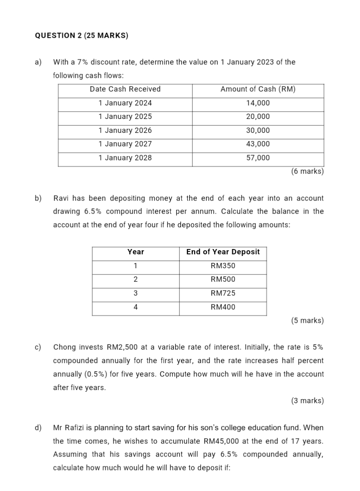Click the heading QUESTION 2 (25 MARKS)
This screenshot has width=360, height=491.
pyautogui.click(x=81, y=36)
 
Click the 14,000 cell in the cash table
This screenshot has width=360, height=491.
pyautogui.click(x=258, y=103)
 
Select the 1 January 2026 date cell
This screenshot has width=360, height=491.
pyautogui.click(x=125, y=130)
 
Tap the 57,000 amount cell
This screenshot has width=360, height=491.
pyautogui.click(x=258, y=158)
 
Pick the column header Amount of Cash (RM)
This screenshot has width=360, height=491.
pyautogui.click(x=258, y=89)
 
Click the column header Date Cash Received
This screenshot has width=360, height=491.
pyautogui.click(x=125, y=89)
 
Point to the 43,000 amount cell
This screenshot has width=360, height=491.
pyautogui.click(x=258, y=144)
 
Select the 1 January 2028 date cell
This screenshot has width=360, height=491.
pyautogui.click(x=125, y=158)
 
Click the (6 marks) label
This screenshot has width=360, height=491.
pyautogui.click(x=307, y=171)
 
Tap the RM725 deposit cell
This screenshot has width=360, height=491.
pyautogui.click(x=223, y=293)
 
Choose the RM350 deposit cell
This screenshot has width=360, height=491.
pyautogui.click(x=223, y=266)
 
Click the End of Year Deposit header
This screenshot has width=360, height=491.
pyautogui.click(x=223, y=252)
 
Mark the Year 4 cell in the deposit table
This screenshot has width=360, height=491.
pyautogui.click(x=135, y=307)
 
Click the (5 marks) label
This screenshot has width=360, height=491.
pyautogui.click(x=307, y=320)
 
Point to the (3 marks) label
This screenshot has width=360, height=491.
pyautogui.click(x=307, y=401)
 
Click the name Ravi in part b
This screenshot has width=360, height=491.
pyautogui.click(x=61, y=199)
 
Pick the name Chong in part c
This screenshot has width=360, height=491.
pyautogui.click(x=64, y=347)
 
